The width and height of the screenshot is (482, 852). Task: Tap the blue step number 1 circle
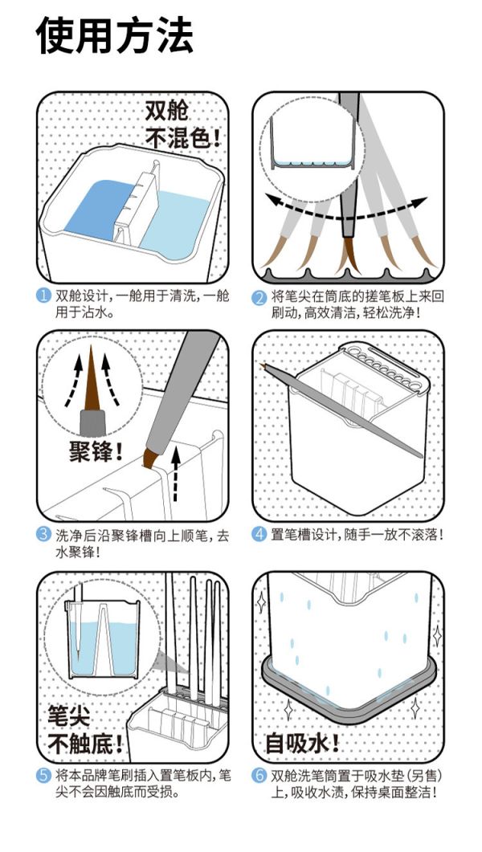tap(44, 296)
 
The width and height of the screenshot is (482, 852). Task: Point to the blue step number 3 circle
tap(44, 534)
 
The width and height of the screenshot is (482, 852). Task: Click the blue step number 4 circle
tap(259, 534)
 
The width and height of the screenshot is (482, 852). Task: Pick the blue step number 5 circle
tap(44, 776)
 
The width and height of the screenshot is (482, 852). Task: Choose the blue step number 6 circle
tap(259, 776)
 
